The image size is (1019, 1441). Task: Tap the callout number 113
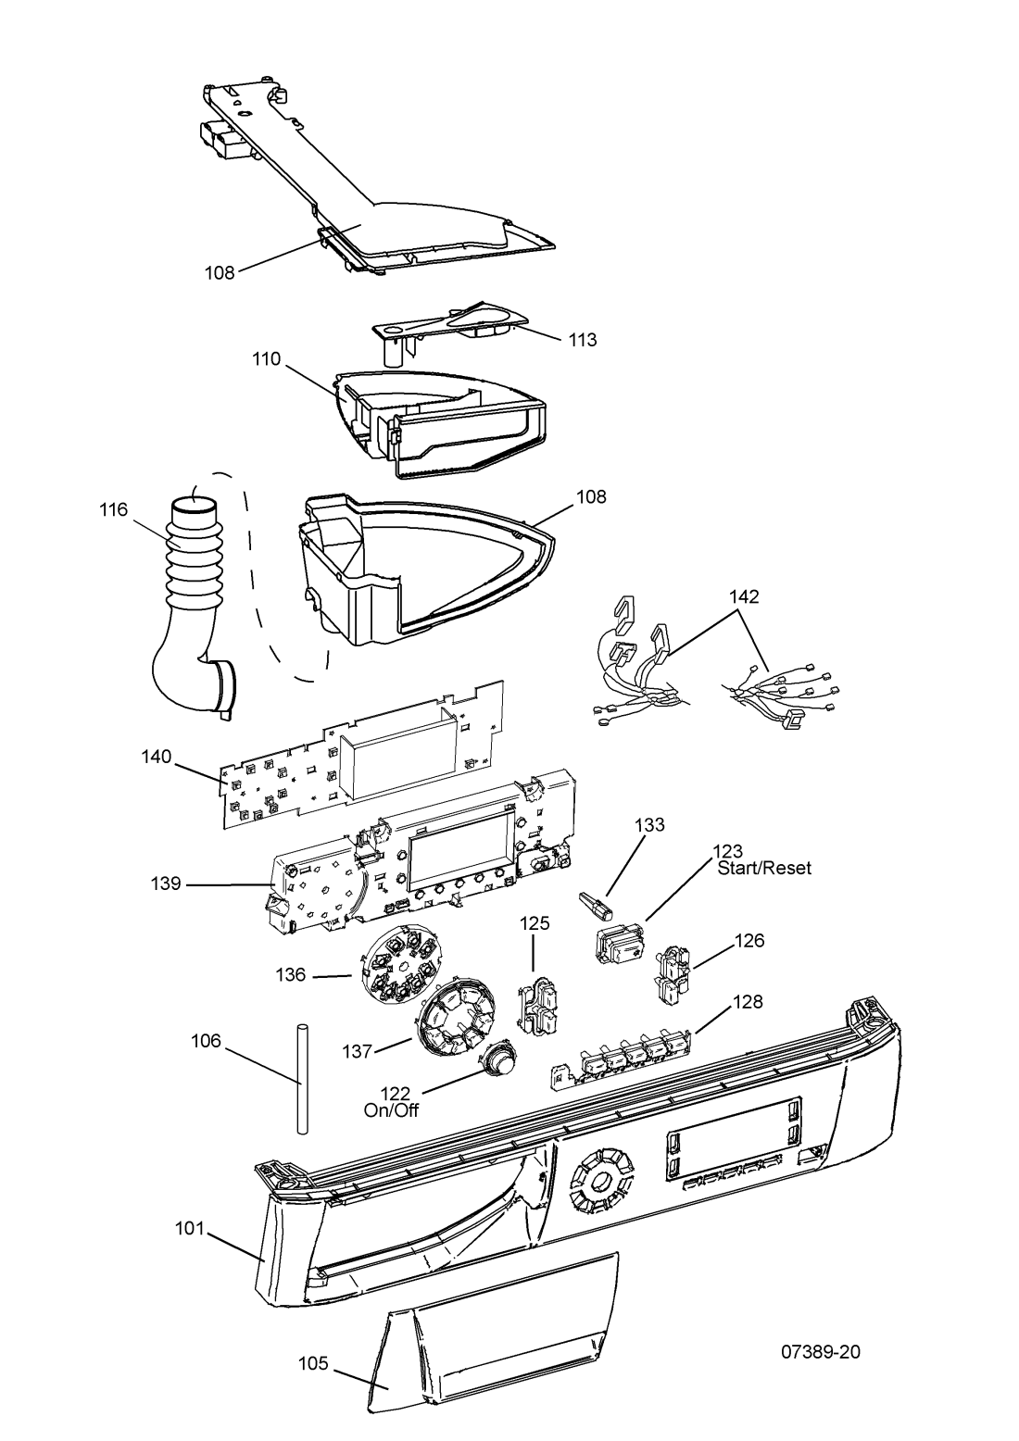[x=582, y=339]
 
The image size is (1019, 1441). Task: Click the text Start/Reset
[x=764, y=868]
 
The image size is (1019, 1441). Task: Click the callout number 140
[x=157, y=757]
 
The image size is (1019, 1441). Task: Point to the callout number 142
[x=744, y=596]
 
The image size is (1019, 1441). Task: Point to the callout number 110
[x=267, y=358]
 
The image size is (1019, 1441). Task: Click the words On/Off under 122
[x=391, y=1111]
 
